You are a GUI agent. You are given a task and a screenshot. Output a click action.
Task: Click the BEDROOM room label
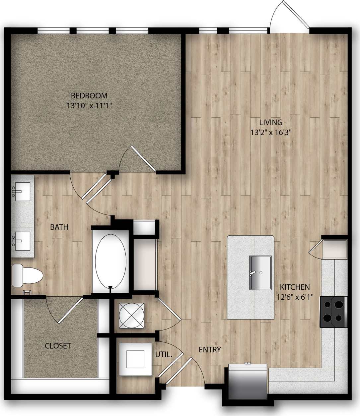pos(89,96)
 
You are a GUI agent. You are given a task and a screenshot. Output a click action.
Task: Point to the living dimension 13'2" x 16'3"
pos(268,133)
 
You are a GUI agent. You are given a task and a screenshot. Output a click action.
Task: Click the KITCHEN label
pos(295,287)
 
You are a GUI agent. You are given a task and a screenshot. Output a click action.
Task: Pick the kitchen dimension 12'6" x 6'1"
pos(295,297)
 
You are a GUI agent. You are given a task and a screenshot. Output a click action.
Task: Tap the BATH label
pos(59,227)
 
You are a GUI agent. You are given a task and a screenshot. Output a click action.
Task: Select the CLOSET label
pos(58,346)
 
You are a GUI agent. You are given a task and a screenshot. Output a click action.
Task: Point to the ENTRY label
pos(210,350)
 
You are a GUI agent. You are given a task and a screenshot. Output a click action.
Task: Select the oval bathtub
pos(110,261)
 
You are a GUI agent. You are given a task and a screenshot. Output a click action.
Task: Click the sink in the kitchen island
pos(260,272)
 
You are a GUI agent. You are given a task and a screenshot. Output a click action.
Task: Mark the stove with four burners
pos(333,312)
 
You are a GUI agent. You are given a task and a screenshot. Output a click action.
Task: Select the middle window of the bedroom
pos(93,31)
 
